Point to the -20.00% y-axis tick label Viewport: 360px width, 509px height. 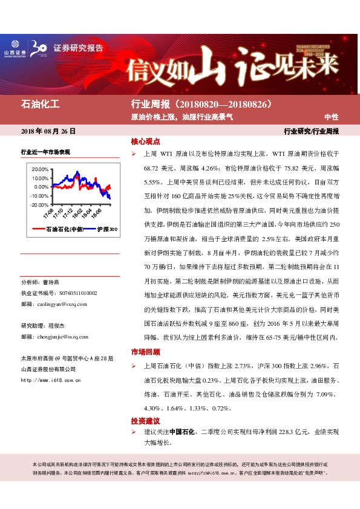tap(38, 205)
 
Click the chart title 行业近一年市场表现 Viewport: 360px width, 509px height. tap(45, 152)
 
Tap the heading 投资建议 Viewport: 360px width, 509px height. tap(145, 420)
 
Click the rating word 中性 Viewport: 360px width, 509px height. tap(331, 116)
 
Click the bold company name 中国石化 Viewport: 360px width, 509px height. tap(182, 432)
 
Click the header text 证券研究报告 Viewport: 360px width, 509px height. tap(78, 48)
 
